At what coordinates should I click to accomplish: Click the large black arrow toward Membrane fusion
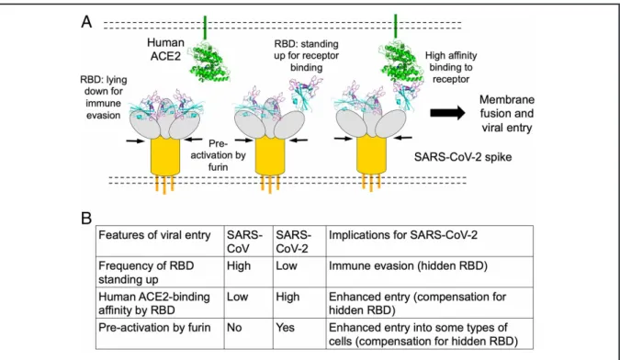pyautogui.click(x=447, y=113)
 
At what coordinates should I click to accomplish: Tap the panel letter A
pyautogui.click(x=86, y=22)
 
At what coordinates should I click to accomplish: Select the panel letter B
pyautogui.click(x=86, y=219)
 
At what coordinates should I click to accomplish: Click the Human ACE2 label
pyautogui.click(x=165, y=49)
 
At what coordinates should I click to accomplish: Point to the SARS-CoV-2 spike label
pyautogui.click(x=463, y=157)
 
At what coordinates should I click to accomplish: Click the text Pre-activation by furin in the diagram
pyautogui.click(x=219, y=155)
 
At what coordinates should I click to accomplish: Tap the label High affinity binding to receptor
pyautogui.click(x=451, y=67)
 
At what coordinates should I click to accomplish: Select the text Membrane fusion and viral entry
pyautogui.click(x=506, y=113)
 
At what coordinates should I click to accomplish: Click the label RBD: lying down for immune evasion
pyautogui.click(x=104, y=97)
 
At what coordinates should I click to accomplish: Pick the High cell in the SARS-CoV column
pyautogui.click(x=239, y=265)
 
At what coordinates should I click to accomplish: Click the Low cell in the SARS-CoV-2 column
pyautogui.click(x=287, y=265)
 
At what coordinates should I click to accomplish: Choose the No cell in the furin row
pyautogui.click(x=234, y=328)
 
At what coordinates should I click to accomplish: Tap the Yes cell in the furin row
pyautogui.click(x=285, y=328)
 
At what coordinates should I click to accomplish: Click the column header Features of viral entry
pyautogui.click(x=154, y=235)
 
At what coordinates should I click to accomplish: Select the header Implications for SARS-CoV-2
pyautogui.click(x=403, y=235)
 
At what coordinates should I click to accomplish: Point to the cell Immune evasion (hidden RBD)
pyautogui.click(x=408, y=266)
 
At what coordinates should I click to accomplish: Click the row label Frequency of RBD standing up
pyautogui.click(x=146, y=272)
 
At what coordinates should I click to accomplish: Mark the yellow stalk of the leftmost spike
pyautogui.click(x=165, y=156)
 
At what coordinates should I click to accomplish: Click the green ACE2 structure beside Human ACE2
pyautogui.click(x=209, y=61)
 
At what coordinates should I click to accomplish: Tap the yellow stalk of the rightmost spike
pyautogui.click(x=371, y=155)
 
